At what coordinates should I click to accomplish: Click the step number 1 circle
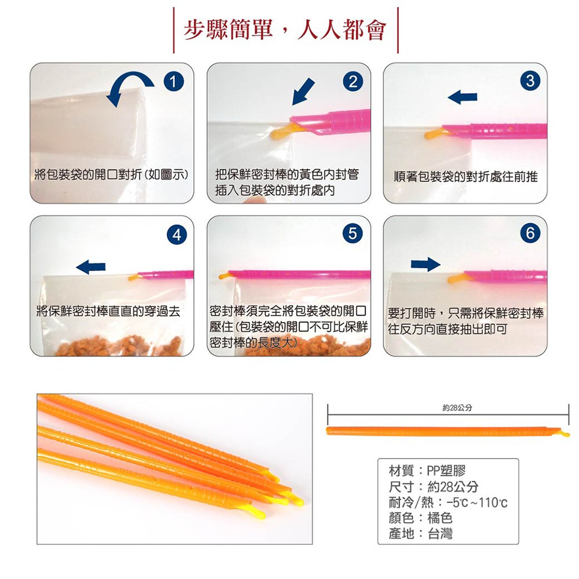coord(174,81)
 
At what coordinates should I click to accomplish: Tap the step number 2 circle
coord(353,81)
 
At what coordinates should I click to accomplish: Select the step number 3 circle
coord(530,81)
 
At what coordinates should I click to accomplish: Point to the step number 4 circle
coord(177,234)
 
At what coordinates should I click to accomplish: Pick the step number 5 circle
coord(353,233)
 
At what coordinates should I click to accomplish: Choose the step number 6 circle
coord(530,233)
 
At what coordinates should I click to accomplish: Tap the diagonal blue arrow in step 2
coord(303,92)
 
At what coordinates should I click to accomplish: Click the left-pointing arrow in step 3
coord(462,97)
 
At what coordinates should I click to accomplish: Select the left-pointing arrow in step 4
coord(91,266)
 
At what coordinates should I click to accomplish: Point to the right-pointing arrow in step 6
coord(426,264)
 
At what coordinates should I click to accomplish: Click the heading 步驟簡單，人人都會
coord(285,30)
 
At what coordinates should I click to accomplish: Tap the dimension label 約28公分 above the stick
coord(457,408)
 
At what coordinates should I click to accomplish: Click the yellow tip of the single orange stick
coord(565,433)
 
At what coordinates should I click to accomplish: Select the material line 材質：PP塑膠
coord(427,470)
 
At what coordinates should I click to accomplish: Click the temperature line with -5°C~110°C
coord(448,502)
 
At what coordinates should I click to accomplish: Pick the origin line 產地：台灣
coord(420,534)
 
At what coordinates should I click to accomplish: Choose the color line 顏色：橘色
coord(420,518)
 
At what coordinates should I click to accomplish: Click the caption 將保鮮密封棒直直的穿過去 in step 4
coord(109,312)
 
